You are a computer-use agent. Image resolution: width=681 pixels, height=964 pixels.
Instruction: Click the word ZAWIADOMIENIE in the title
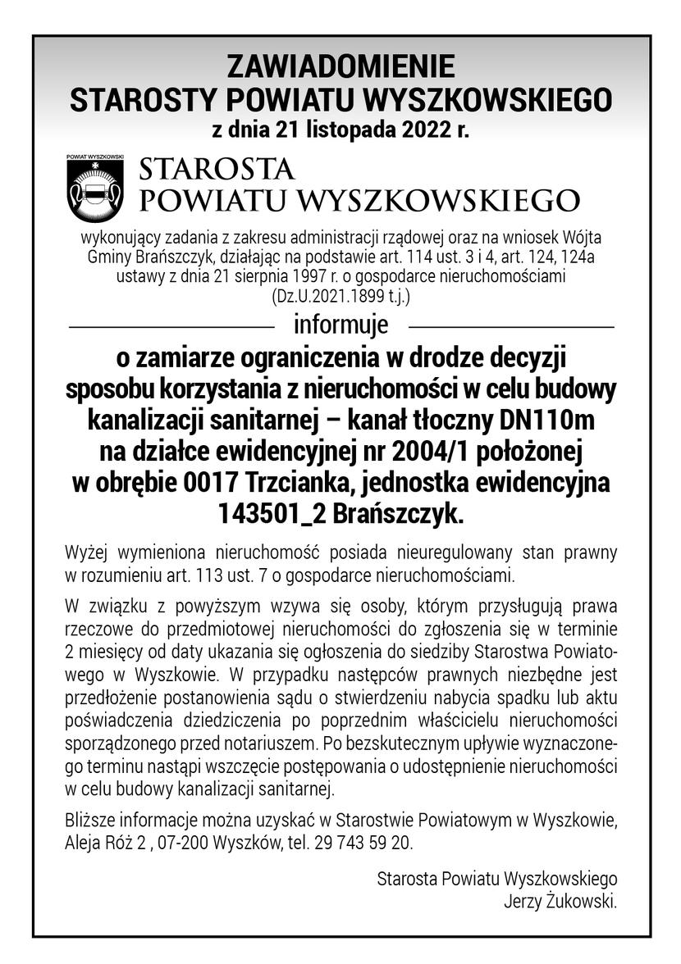tap(340, 66)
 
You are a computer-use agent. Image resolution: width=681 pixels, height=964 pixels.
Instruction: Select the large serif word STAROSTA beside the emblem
tap(217, 170)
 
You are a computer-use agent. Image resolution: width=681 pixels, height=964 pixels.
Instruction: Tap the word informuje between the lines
tap(340, 325)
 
